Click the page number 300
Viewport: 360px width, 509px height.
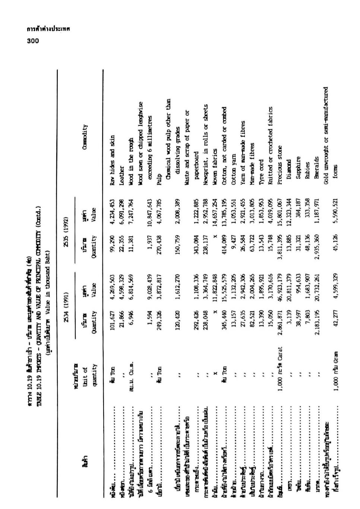click(33, 41)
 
